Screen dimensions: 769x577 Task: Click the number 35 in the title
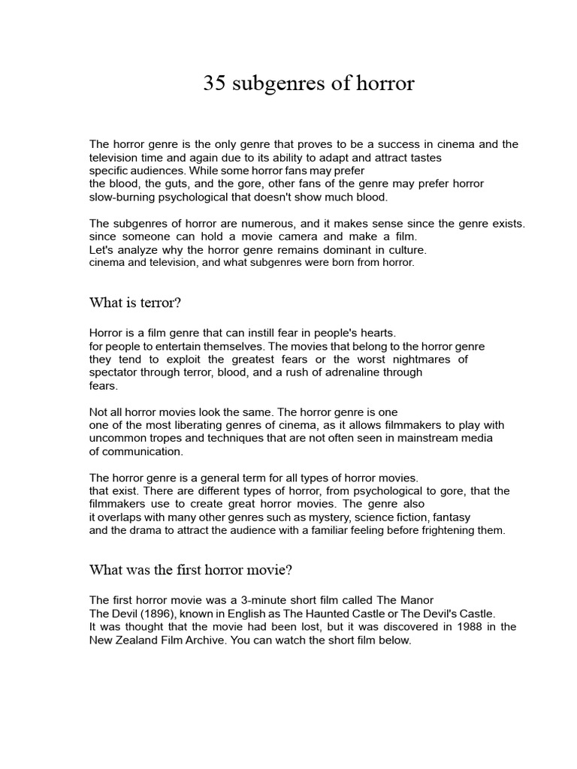(x=214, y=84)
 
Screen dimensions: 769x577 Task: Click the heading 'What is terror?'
(x=135, y=303)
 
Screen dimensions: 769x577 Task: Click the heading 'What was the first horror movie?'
(x=190, y=570)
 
